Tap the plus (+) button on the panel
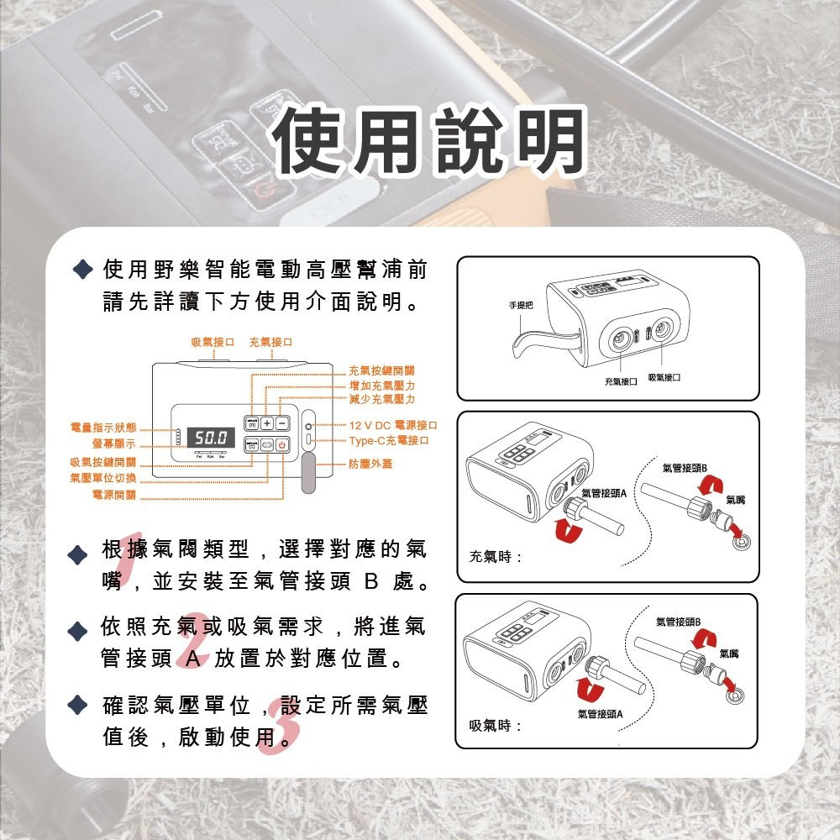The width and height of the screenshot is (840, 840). (266, 423)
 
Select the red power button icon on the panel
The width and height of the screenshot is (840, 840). (282, 445)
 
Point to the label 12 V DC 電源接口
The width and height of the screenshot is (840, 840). (393, 426)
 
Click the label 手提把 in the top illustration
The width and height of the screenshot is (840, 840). (521, 304)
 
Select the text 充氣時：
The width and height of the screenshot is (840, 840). (496, 556)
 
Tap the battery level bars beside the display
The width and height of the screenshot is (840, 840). (178, 438)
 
